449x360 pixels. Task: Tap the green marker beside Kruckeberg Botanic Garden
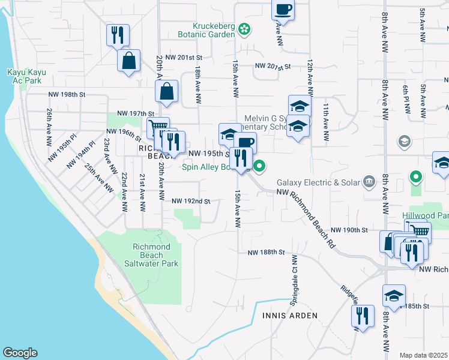pyautogui.click(x=244, y=28)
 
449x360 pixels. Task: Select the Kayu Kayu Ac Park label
pyautogui.click(x=26, y=76)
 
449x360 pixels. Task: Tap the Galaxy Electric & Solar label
pyautogui.click(x=317, y=182)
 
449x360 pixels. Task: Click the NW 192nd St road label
pyautogui.click(x=191, y=202)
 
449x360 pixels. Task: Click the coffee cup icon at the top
pyautogui.click(x=283, y=9)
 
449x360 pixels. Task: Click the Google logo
pyautogui.click(x=20, y=353)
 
